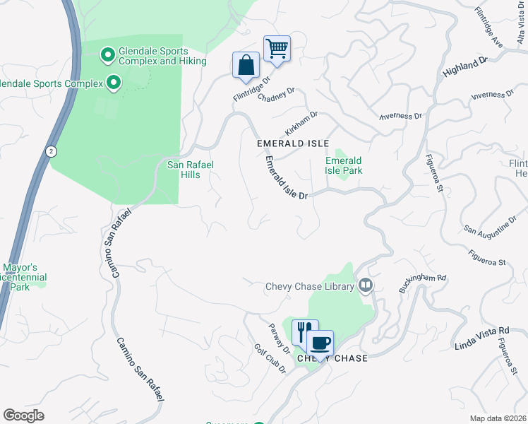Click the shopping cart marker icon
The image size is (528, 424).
277,49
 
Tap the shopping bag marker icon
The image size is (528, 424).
246,65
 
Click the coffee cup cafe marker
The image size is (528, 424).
320,343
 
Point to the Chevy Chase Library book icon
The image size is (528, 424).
366,285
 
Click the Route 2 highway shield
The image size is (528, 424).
51,151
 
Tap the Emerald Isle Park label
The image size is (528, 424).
344,165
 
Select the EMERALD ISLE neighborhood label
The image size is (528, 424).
293,143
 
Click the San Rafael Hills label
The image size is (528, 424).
190,170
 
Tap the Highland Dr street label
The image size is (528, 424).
466,69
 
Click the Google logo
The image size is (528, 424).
24,416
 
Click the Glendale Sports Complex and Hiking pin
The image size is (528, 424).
107,54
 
